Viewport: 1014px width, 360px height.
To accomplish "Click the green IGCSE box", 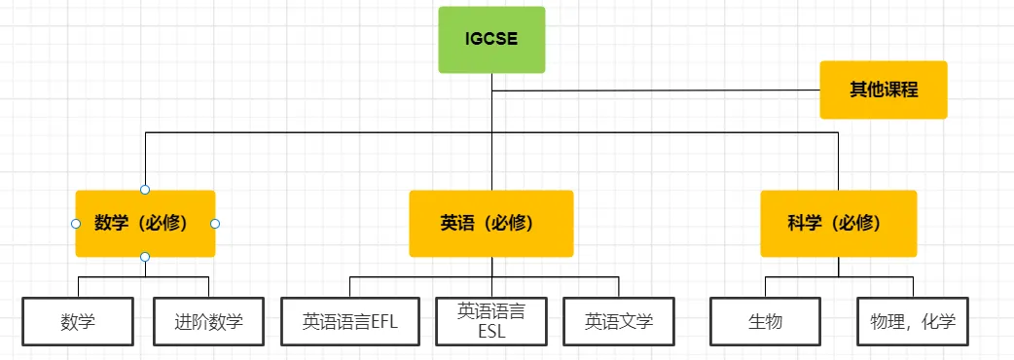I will pos(491,40).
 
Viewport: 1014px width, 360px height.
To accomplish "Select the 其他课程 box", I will pos(883,90).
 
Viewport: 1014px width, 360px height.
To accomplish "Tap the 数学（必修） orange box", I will pos(145,223).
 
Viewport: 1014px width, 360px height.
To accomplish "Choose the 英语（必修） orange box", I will pos(490,223).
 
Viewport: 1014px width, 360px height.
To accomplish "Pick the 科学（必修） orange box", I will pos(838,223).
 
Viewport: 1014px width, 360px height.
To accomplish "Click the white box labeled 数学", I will pos(78,321).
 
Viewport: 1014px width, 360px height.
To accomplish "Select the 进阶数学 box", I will pos(208,321).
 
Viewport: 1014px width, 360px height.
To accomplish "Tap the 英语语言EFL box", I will pos(350,321).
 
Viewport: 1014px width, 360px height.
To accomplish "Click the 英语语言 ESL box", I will pos(491,321).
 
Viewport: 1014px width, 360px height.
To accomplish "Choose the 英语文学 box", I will pos(619,321).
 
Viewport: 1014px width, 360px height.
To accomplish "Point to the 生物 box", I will pos(765,321).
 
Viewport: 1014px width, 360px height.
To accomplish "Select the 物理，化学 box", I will pos(913,321).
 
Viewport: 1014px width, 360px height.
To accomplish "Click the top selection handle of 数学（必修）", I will pos(145,189).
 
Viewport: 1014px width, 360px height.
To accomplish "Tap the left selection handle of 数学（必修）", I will pos(76,224).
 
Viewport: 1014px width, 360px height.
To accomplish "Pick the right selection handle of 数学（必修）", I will pos(215,224).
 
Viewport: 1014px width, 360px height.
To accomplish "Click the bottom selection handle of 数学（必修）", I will pos(145,257).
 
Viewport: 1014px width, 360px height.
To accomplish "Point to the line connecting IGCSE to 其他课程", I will pos(662,90).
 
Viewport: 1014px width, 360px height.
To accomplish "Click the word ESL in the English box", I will pos(491,331).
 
